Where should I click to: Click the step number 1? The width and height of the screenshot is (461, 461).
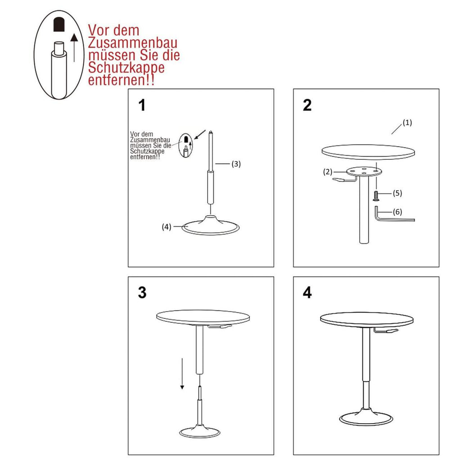[142, 105]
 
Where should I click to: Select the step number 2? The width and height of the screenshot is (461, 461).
[307, 105]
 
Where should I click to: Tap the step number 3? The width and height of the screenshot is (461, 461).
[142, 293]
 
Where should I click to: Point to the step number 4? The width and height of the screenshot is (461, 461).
[307, 293]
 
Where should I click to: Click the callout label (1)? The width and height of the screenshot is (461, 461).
[407, 122]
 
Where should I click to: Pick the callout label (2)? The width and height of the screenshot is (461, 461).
[328, 172]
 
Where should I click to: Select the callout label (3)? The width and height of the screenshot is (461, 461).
[236, 164]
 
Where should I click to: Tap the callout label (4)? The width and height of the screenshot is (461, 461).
[167, 227]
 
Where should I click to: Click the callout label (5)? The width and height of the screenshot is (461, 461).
[397, 193]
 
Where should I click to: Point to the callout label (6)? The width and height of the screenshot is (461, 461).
[397, 212]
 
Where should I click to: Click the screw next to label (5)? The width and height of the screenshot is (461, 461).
[376, 196]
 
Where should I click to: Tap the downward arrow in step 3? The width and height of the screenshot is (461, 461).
[182, 374]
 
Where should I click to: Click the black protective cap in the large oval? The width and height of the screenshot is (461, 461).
[59, 25]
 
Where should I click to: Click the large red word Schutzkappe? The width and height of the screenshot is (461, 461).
[126, 68]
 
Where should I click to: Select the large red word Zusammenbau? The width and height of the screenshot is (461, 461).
[133, 43]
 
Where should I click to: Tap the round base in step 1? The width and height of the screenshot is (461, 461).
[211, 227]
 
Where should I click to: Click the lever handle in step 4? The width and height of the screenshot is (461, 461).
[386, 331]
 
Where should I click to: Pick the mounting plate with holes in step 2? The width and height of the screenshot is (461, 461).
[364, 171]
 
